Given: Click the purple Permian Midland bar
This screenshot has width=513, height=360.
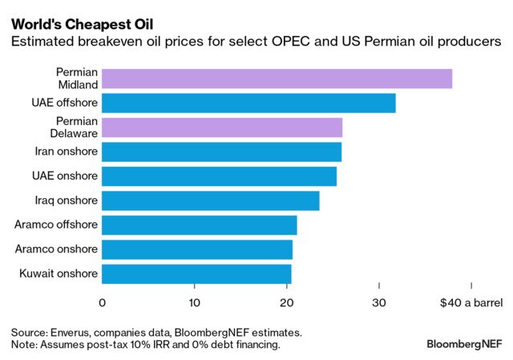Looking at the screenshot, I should point(277,79).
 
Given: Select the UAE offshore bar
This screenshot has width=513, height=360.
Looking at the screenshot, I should point(248,103).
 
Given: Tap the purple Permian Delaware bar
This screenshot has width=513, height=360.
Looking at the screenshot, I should point(222,127).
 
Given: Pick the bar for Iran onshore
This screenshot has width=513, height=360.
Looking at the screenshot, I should point(221,152).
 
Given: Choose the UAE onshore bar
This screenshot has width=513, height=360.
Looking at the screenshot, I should point(219,176).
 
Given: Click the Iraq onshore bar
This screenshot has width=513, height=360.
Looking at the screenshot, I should point(211,200).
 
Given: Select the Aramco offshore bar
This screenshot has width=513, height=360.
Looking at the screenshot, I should point(200,225).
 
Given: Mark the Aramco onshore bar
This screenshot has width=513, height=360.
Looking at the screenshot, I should point(197,249).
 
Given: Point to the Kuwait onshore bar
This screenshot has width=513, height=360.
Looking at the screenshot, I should point(196,274).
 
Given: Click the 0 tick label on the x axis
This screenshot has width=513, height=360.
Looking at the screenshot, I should point(103,302).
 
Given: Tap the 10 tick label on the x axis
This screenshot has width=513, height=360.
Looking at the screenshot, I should point(195,302).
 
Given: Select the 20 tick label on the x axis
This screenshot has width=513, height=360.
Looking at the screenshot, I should point(287,302).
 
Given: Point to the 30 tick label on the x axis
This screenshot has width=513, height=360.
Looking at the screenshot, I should point(379,302).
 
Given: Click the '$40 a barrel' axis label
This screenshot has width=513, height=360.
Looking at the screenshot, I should point(471,302).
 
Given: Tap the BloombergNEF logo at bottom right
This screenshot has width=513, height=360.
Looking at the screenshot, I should point(464,343).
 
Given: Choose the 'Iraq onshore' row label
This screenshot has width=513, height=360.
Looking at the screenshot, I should point(67,200).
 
